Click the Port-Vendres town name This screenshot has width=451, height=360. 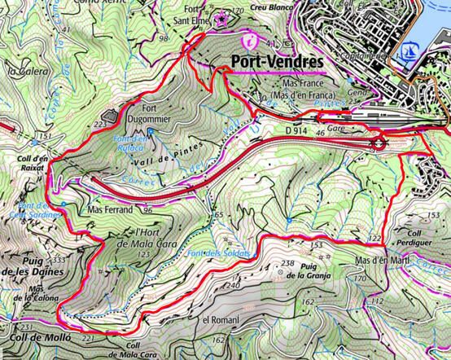pyautogui.click(x=277, y=62)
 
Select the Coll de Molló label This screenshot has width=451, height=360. pyautogui.click(x=36, y=337)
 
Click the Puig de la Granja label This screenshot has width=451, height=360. pyautogui.click(x=319, y=271)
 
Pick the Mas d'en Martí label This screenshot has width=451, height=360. pyautogui.click(x=382, y=261)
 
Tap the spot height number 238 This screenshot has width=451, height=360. pyautogui.click(x=287, y=262)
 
